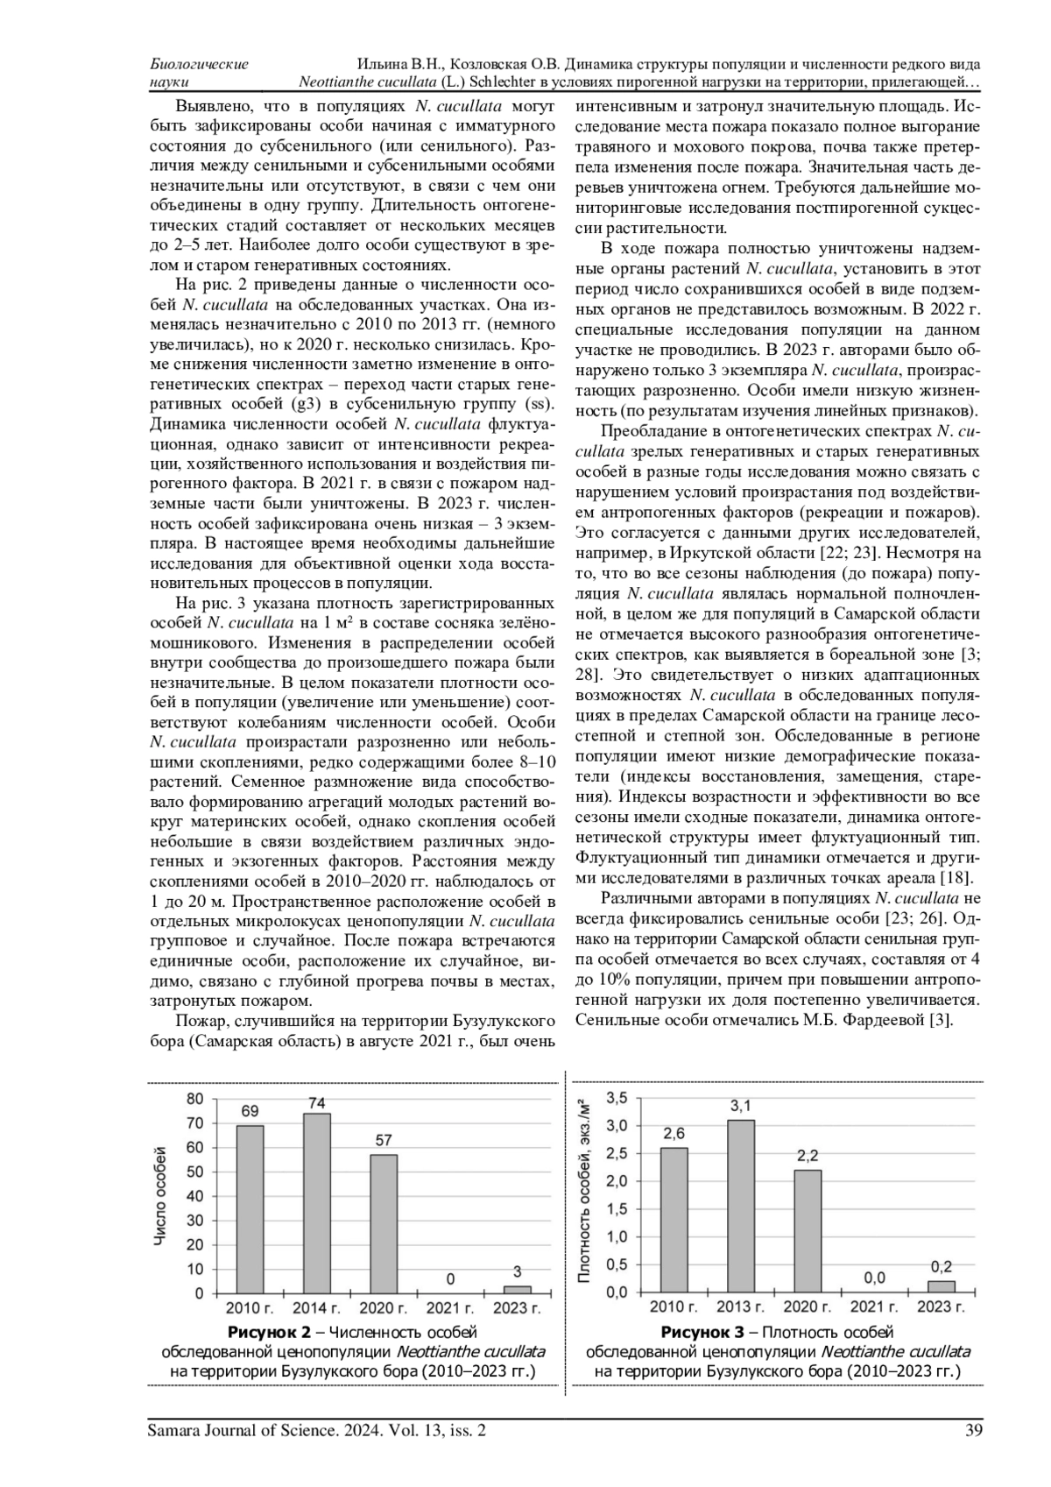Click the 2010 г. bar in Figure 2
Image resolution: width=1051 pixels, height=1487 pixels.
click(x=250, y=1208)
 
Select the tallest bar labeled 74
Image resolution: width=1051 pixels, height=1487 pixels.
click(x=316, y=1202)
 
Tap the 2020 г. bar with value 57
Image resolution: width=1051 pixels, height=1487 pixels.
click(x=383, y=1223)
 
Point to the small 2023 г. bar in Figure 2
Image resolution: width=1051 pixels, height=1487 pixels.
click(x=516, y=1289)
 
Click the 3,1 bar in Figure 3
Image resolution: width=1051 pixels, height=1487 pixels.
click(x=740, y=1206)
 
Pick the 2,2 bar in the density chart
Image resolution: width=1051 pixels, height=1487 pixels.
click(x=807, y=1230)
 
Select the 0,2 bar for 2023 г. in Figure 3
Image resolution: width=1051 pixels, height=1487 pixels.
click(x=941, y=1286)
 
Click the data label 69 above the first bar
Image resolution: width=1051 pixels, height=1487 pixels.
click(x=250, y=1111)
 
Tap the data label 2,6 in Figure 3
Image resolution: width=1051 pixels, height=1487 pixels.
click(x=674, y=1134)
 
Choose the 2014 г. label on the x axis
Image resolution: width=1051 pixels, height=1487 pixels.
click(x=316, y=1308)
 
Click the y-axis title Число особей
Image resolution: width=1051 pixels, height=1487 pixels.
click(x=161, y=1195)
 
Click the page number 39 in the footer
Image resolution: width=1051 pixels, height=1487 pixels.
click(x=972, y=1432)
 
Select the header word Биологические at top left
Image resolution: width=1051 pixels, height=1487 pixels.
click(x=200, y=64)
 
